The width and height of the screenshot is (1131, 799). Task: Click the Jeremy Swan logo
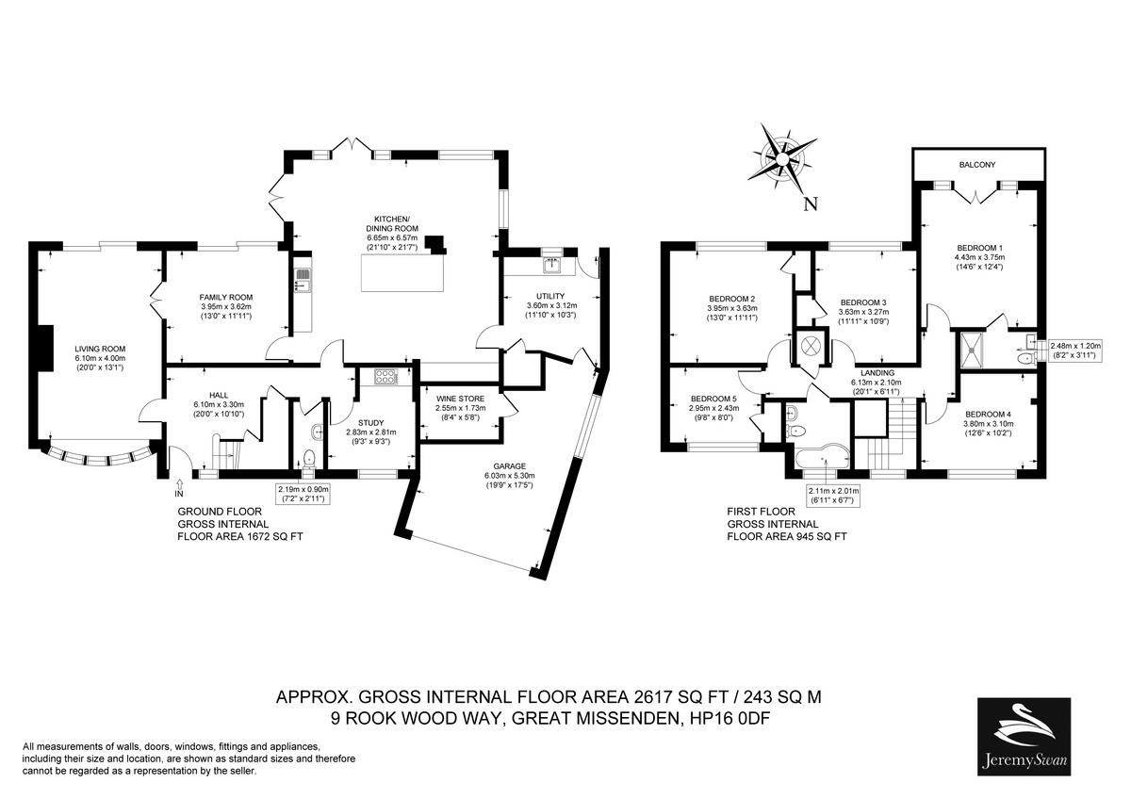pos(1024,737)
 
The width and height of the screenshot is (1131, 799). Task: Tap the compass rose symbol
pos(783,159)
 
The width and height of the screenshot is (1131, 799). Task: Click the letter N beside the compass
pos(811,204)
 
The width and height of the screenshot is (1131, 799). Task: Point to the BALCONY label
pos(977,165)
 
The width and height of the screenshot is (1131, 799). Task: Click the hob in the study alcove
pos(386,376)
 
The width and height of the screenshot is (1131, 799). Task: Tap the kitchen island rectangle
pos(402,273)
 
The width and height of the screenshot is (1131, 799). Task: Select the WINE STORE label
pos(460,399)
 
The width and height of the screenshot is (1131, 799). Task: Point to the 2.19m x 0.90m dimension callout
pos(303,494)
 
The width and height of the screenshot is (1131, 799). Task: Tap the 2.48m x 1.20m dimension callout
pos(1075,351)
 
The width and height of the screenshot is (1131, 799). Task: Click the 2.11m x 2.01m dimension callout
pos(833,496)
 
